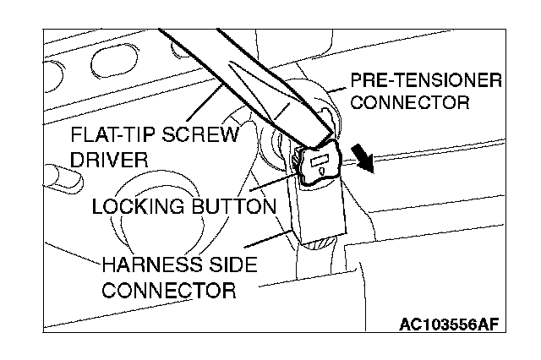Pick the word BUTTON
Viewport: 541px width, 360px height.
[x=232, y=205]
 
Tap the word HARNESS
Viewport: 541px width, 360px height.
[x=150, y=265]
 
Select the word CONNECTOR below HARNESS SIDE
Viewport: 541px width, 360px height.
[x=168, y=290]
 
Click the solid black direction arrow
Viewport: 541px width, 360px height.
[x=363, y=159]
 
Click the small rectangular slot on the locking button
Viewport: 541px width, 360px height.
[x=320, y=159]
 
